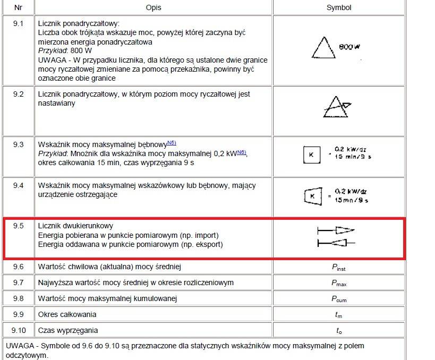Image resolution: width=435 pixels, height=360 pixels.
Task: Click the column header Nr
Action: click(x=18, y=7)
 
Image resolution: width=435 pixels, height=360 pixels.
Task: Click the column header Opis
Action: click(x=153, y=7)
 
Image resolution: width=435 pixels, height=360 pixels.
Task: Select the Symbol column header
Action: click(x=338, y=7)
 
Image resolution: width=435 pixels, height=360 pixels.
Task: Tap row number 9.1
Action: click(x=18, y=24)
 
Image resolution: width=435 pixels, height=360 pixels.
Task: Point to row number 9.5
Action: click(x=18, y=226)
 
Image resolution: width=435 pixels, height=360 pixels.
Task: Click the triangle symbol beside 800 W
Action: click(x=323, y=47)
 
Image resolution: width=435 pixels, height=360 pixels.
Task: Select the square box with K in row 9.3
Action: click(x=310, y=155)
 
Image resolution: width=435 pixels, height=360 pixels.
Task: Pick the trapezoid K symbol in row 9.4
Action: click(x=311, y=196)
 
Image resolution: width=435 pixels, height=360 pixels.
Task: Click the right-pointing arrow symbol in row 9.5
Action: click(x=336, y=230)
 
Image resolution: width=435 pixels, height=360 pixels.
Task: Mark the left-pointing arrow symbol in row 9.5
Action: click(x=336, y=243)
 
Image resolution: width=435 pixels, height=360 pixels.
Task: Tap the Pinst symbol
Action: click(x=338, y=268)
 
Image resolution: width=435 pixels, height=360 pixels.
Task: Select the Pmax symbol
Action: click(x=338, y=283)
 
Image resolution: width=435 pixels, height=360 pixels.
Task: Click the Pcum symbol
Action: click(x=338, y=299)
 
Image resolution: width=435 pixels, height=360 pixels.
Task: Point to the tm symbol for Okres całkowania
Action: click(x=338, y=315)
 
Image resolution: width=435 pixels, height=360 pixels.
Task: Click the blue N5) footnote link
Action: click(x=172, y=142)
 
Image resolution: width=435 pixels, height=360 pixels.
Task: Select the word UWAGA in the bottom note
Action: click(x=19, y=346)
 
